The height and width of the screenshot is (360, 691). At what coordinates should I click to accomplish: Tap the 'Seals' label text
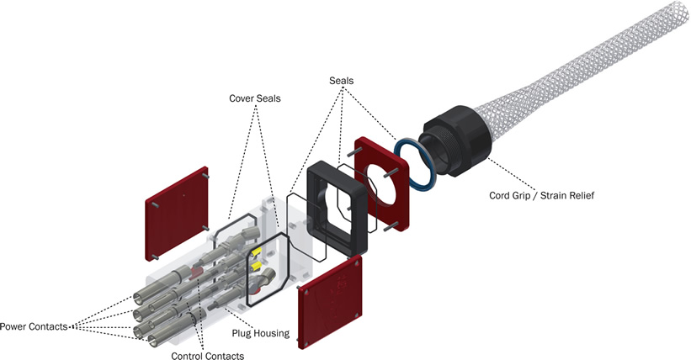point(343,80)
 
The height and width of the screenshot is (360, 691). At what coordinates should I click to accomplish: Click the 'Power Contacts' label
point(34,326)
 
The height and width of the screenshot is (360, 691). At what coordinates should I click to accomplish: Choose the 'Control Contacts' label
point(207,356)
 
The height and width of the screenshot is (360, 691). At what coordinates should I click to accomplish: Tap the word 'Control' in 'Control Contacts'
point(188,356)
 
